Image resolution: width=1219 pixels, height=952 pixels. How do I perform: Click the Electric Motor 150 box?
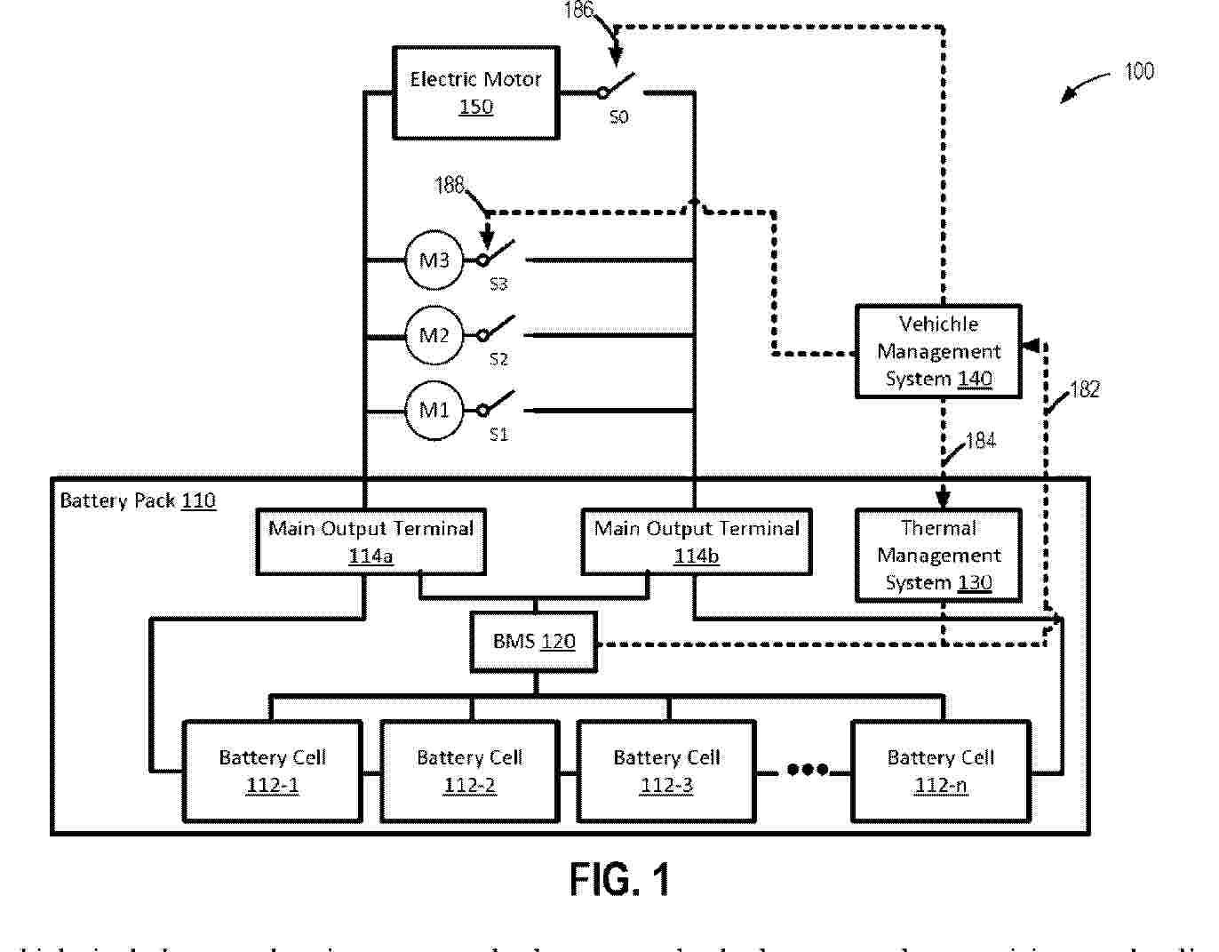pyautogui.click(x=475, y=92)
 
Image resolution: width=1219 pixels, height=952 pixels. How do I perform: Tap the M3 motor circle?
pyautogui.click(x=434, y=260)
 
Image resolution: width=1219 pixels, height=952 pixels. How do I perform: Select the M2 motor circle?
pyautogui.click(x=434, y=335)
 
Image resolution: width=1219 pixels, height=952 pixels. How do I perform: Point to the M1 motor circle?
pyautogui.click(x=434, y=410)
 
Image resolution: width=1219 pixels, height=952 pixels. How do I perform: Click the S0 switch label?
pyautogui.click(x=618, y=116)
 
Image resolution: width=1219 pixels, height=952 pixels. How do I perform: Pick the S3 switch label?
pyautogui.click(x=498, y=284)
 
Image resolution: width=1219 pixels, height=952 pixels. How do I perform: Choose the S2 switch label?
pyautogui.click(x=498, y=359)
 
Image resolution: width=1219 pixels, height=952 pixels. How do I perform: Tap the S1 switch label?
pyautogui.click(x=498, y=435)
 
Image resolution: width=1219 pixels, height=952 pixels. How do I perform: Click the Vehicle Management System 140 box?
pyautogui.click(x=938, y=351)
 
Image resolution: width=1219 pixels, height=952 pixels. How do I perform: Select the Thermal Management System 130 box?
pyautogui.click(x=938, y=555)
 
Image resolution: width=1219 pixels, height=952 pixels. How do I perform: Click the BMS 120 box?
pyautogui.click(x=534, y=641)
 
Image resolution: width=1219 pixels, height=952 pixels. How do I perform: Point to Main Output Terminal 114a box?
pyautogui.click(x=370, y=541)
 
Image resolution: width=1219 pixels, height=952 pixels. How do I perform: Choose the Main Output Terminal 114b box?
pyautogui.click(x=697, y=541)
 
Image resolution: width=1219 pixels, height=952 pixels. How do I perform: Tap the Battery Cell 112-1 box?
pyautogui.click(x=272, y=771)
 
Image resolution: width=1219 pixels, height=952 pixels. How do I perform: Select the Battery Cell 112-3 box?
pyautogui.click(x=666, y=771)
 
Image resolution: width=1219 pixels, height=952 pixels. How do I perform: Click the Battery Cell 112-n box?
pyautogui.click(x=941, y=771)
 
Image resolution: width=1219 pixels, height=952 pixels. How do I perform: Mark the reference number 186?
pyautogui.click(x=578, y=12)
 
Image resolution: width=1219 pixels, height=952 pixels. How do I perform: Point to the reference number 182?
pyautogui.click(x=1085, y=389)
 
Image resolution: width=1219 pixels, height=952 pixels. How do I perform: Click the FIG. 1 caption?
pyautogui.click(x=619, y=880)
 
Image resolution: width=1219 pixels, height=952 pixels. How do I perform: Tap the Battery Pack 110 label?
pyautogui.click(x=138, y=500)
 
